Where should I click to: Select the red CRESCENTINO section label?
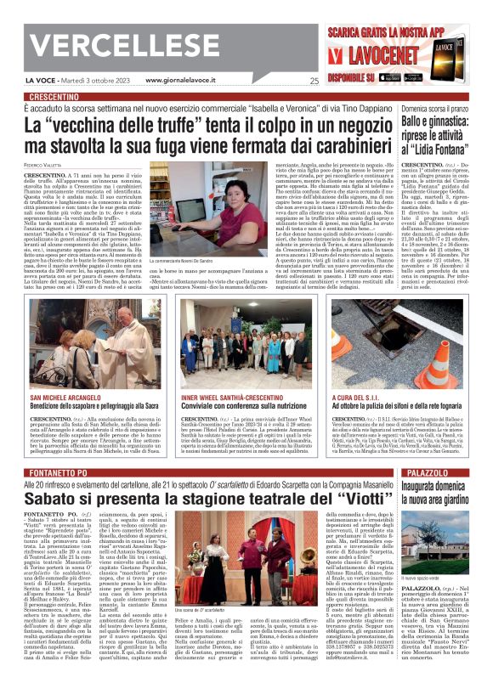(59, 97)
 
